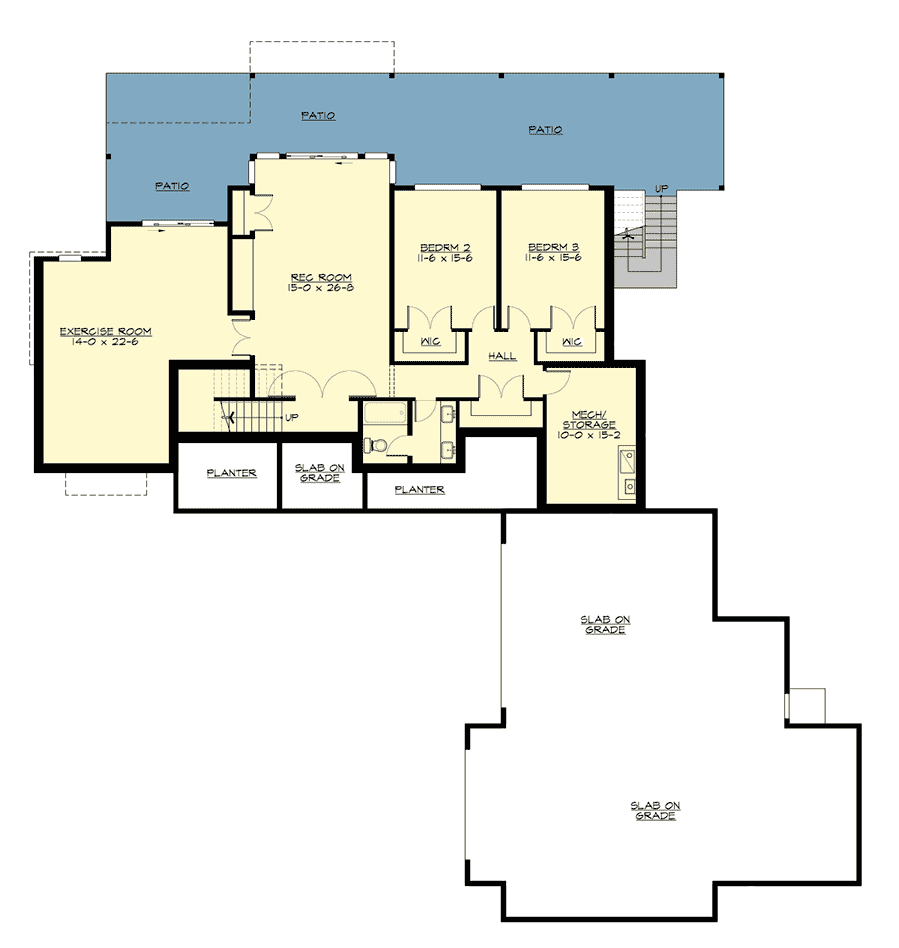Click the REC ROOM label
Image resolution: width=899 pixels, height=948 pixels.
click(321, 278)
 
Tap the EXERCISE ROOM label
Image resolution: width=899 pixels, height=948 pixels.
click(105, 332)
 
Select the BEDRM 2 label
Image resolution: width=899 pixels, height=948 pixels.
click(445, 248)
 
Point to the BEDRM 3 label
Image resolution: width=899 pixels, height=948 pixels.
click(554, 247)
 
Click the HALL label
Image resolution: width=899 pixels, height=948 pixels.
click(502, 356)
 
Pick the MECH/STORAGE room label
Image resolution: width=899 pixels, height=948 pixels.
click(589, 419)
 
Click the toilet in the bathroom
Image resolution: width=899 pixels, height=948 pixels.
click(376, 446)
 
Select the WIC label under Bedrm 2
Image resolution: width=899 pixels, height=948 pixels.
click(430, 342)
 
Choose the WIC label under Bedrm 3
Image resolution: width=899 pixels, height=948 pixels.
click(572, 342)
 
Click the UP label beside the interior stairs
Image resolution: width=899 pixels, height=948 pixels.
click(292, 418)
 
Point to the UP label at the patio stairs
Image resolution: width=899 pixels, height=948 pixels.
click(661, 189)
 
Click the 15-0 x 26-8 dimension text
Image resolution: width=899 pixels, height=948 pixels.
click(321, 288)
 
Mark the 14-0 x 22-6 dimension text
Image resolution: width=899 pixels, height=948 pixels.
click(105, 342)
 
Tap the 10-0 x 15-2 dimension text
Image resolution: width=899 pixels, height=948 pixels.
click(589, 435)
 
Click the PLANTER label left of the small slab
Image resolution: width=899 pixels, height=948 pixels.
click(232, 473)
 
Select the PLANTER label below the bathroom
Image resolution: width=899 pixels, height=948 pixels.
click(419, 490)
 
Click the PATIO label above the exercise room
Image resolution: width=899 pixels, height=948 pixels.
click(172, 186)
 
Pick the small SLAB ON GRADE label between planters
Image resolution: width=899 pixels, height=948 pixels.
click(319, 473)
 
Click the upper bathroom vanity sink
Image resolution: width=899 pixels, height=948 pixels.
click(448, 414)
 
